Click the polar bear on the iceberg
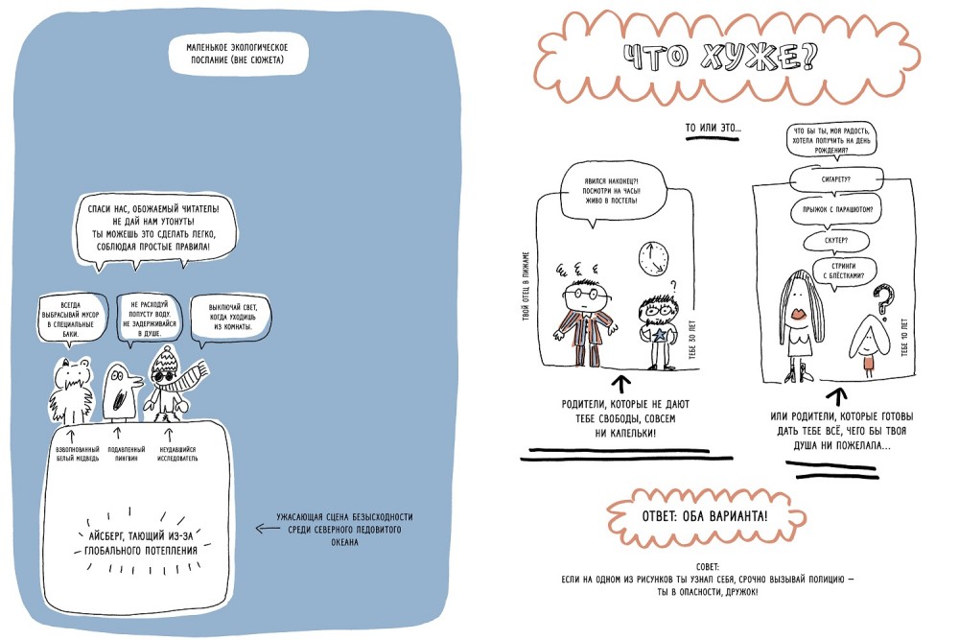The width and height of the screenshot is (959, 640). click(70, 391)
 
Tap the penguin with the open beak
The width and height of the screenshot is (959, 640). click(120, 391)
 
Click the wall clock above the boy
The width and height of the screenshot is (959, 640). click(652, 256)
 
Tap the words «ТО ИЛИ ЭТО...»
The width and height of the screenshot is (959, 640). click(713, 128)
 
